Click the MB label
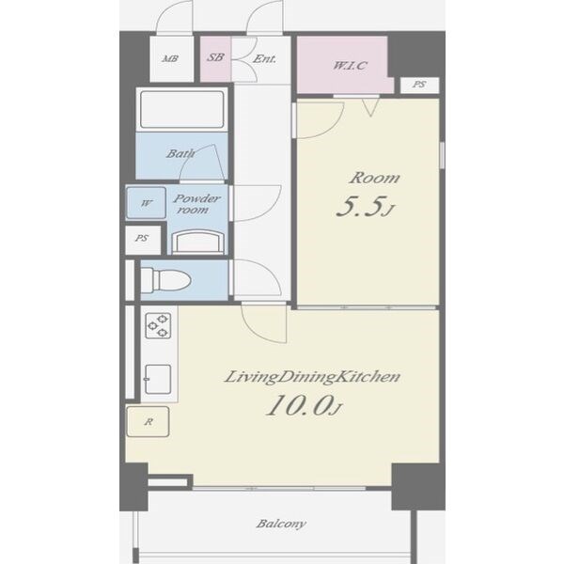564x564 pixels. [170, 58]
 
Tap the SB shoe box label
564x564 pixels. [215, 57]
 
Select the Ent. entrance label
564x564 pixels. [264, 58]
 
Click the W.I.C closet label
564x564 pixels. [350, 66]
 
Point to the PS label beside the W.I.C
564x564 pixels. [419, 85]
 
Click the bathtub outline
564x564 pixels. [182, 109]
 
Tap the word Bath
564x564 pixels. [180, 153]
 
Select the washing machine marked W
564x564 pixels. [146, 203]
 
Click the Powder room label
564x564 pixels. [196, 204]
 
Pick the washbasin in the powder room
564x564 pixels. [197, 242]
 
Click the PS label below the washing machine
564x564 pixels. [142, 238]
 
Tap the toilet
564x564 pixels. [165, 280]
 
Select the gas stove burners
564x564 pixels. [158, 326]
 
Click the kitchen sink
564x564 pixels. [158, 379]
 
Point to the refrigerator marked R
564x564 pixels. [148, 421]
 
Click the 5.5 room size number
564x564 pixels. [365, 207]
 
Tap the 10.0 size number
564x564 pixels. [305, 405]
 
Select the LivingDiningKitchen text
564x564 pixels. [312, 377]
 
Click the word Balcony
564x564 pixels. [281, 524]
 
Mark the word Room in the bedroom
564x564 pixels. [374, 178]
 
